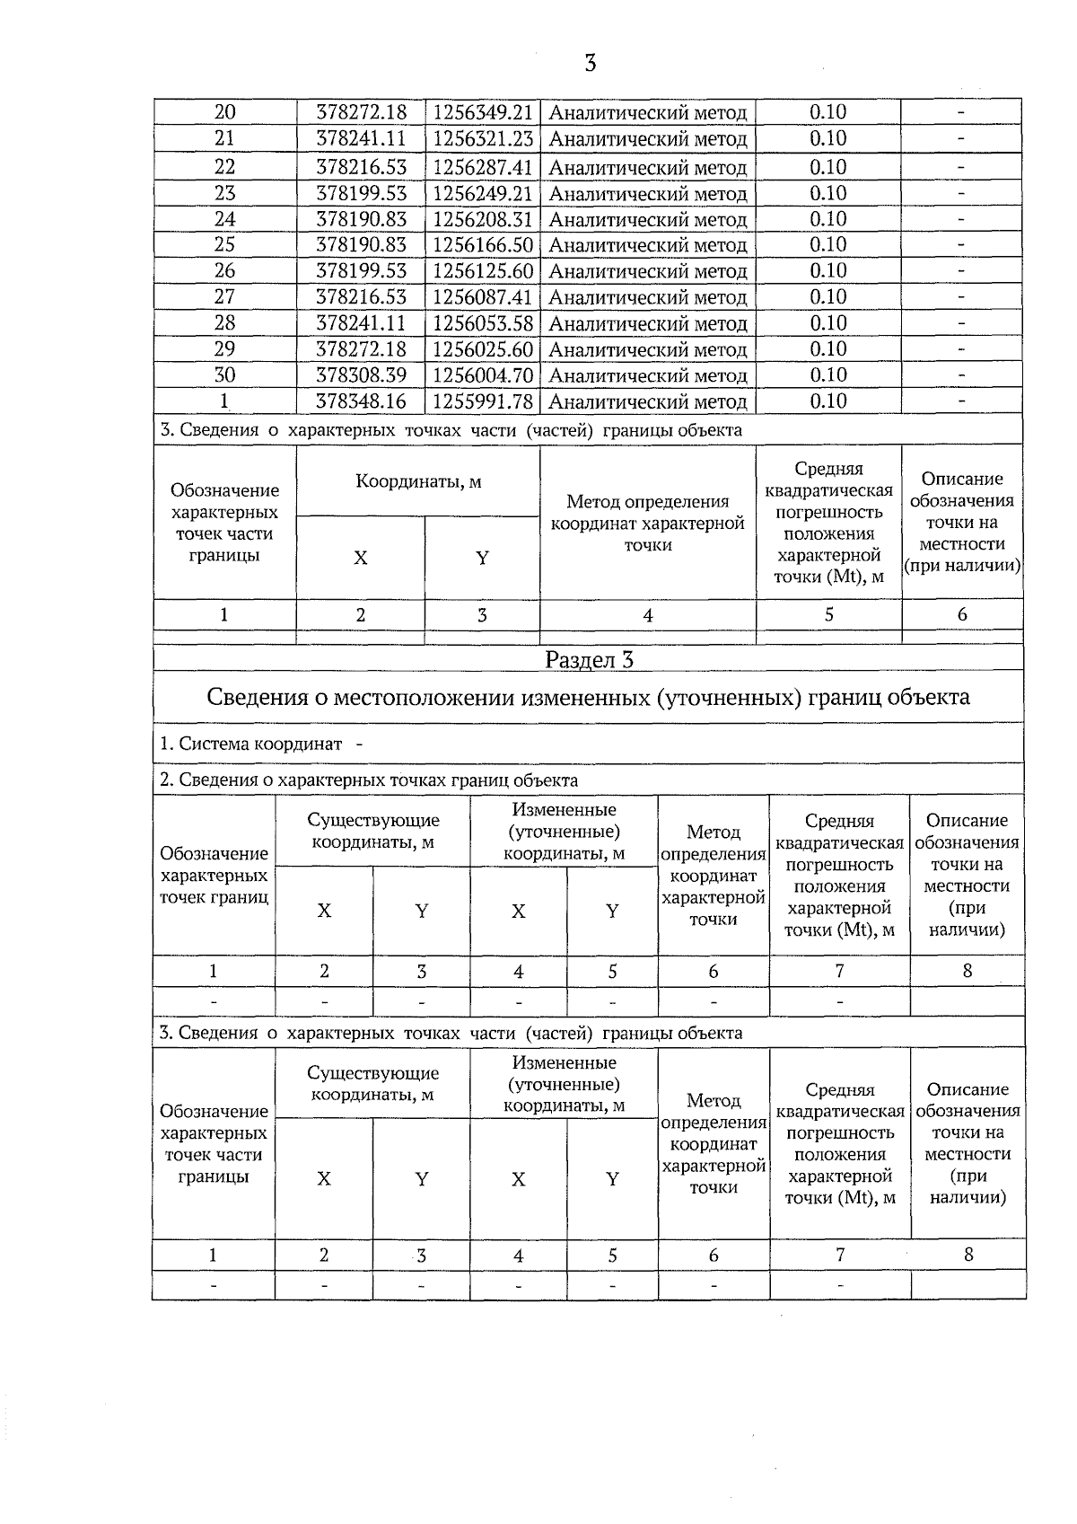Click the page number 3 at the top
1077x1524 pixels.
tap(590, 63)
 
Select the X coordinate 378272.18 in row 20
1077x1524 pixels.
tap(361, 112)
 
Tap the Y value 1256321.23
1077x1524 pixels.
tap(483, 139)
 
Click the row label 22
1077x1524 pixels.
tap(224, 167)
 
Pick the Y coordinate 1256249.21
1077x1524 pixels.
tap(483, 194)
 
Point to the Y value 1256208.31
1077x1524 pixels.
tap(483, 220)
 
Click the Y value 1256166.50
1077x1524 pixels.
tap(483, 245)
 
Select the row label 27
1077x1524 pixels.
tap(224, 297)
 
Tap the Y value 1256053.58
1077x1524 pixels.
tap(483, 323)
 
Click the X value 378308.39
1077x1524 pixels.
tap(361, 375)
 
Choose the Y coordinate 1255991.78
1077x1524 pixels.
tap(483, 401)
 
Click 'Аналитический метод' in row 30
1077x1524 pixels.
tap(647, 376)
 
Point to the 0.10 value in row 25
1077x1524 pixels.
tap(827, 245)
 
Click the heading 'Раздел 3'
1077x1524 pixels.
tap(589, 660)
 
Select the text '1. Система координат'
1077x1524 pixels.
tap(251, 744)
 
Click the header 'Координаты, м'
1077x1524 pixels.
tap(418, 481)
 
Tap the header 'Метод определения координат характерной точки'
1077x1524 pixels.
tap(647, 523)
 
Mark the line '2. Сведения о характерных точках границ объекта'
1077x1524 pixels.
tap(368, 780)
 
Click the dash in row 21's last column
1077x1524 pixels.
tap(961, 139)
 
